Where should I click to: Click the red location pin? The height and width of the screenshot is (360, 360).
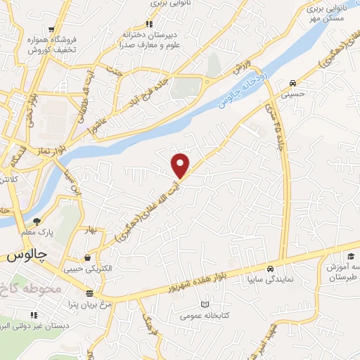[181, 165]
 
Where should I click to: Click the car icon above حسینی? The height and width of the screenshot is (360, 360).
[292, 81]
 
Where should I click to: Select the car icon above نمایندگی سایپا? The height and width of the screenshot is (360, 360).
[270, 269]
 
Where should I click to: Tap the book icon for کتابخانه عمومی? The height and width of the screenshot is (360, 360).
[205, 304]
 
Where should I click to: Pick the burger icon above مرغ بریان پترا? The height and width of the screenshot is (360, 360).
[89, 293]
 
